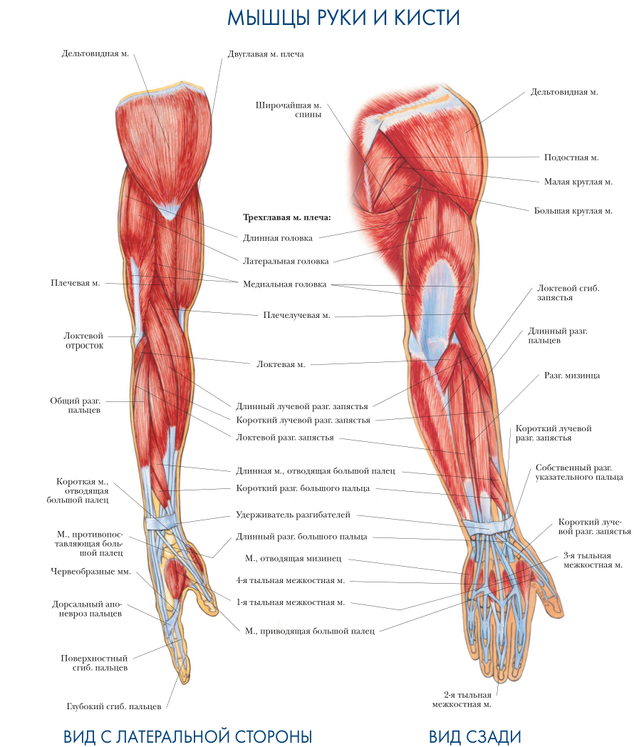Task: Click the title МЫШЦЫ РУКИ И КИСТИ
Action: coord(343,18)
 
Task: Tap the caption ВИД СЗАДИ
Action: coord(475,736)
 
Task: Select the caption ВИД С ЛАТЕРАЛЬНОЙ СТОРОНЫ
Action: coord(188,736)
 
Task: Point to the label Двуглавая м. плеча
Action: coord(266,53)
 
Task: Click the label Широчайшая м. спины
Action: coord(288,109)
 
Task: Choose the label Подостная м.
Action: coord(571,157)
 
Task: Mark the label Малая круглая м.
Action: coord(578,182)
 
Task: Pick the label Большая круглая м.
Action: coord(573,210)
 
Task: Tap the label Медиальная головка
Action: coord(285,284)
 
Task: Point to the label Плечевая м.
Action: coord(75,283)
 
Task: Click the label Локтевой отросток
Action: coord(84,340)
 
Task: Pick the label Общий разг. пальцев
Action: coord(75,405)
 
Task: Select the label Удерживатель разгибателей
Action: coord(293,514)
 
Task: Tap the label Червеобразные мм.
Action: coord(90,571)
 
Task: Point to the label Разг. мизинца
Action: coord(572,375)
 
